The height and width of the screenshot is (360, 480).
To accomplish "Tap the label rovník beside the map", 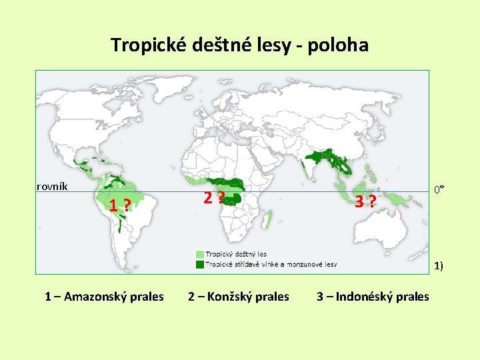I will (x=51, y=186).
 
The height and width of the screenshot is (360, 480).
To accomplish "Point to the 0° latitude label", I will (x=439, y=190).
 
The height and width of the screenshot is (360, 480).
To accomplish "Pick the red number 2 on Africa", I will (x=208, y=197).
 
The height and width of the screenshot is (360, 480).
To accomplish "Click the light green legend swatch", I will (x=199, y=254).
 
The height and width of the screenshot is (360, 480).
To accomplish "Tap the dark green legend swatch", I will (x=199, y=264).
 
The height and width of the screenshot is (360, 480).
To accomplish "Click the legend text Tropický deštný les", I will (x=235, y=254).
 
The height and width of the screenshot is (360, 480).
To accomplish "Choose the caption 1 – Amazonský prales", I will (x=104, y=297).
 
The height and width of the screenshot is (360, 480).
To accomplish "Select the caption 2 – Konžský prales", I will (x=239, y=297).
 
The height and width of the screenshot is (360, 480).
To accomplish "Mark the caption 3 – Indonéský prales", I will (x=373, y=297).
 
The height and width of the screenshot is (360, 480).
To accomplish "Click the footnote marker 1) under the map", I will (x=439, y=267).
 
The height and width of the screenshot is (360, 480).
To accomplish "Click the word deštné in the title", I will (x=225, y=45).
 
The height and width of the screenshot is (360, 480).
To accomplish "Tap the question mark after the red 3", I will (x=373, y=201).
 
